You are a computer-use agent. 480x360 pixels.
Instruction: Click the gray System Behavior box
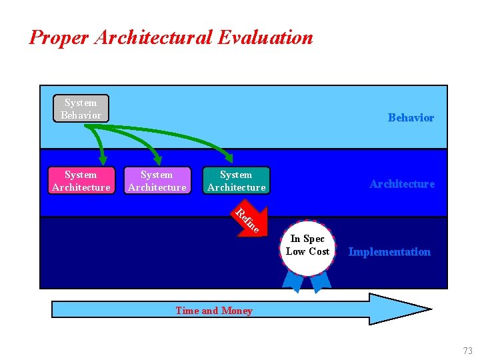[x=81, y=109]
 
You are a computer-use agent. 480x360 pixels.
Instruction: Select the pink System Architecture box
[x=81, y=181]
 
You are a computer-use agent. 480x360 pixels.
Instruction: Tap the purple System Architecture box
[x=157, y=181]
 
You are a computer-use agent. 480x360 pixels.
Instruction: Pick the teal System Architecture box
[x=236, y=181]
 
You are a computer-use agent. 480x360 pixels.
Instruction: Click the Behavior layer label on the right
[x=411, y=118]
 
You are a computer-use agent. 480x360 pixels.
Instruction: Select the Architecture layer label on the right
[x=402, y=184]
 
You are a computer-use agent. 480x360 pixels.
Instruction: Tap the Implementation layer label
[x=389, y=252]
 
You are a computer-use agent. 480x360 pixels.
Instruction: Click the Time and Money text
[x=214, y=311]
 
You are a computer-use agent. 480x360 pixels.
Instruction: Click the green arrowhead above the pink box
[x=103, y=159]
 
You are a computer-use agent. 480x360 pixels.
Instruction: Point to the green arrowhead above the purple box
[x=158, y=159]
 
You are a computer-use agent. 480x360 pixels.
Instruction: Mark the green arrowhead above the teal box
[x=229, y=158]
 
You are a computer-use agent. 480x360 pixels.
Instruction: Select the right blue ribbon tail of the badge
[x=321, y=282]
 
